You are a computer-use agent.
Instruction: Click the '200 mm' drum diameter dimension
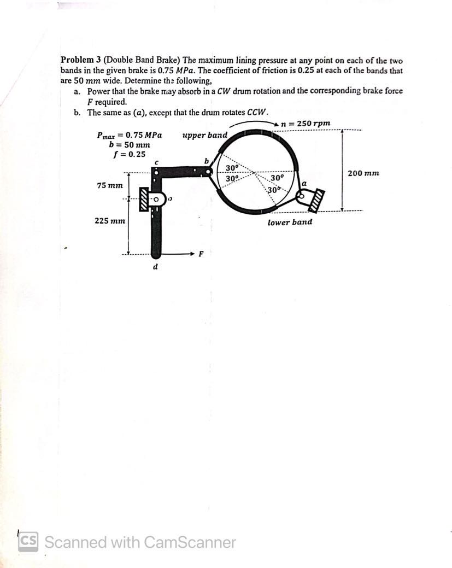(363, 173)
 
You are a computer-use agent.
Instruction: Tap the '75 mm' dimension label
(110, 185)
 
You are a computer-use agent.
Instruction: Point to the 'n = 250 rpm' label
(306, 124)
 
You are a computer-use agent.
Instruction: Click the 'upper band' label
(204, 134)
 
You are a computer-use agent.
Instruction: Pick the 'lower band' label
(290, 222)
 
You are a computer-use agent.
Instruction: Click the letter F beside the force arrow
(201, 254)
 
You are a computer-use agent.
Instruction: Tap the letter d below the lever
(155, 267)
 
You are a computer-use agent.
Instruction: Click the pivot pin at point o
(156, 200)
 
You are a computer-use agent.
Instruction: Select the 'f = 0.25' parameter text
(129, 154)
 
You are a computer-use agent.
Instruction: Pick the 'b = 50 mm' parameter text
(129, 145)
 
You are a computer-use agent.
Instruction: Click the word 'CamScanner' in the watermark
(190, 542)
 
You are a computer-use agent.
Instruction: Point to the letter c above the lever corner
(157, 162)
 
